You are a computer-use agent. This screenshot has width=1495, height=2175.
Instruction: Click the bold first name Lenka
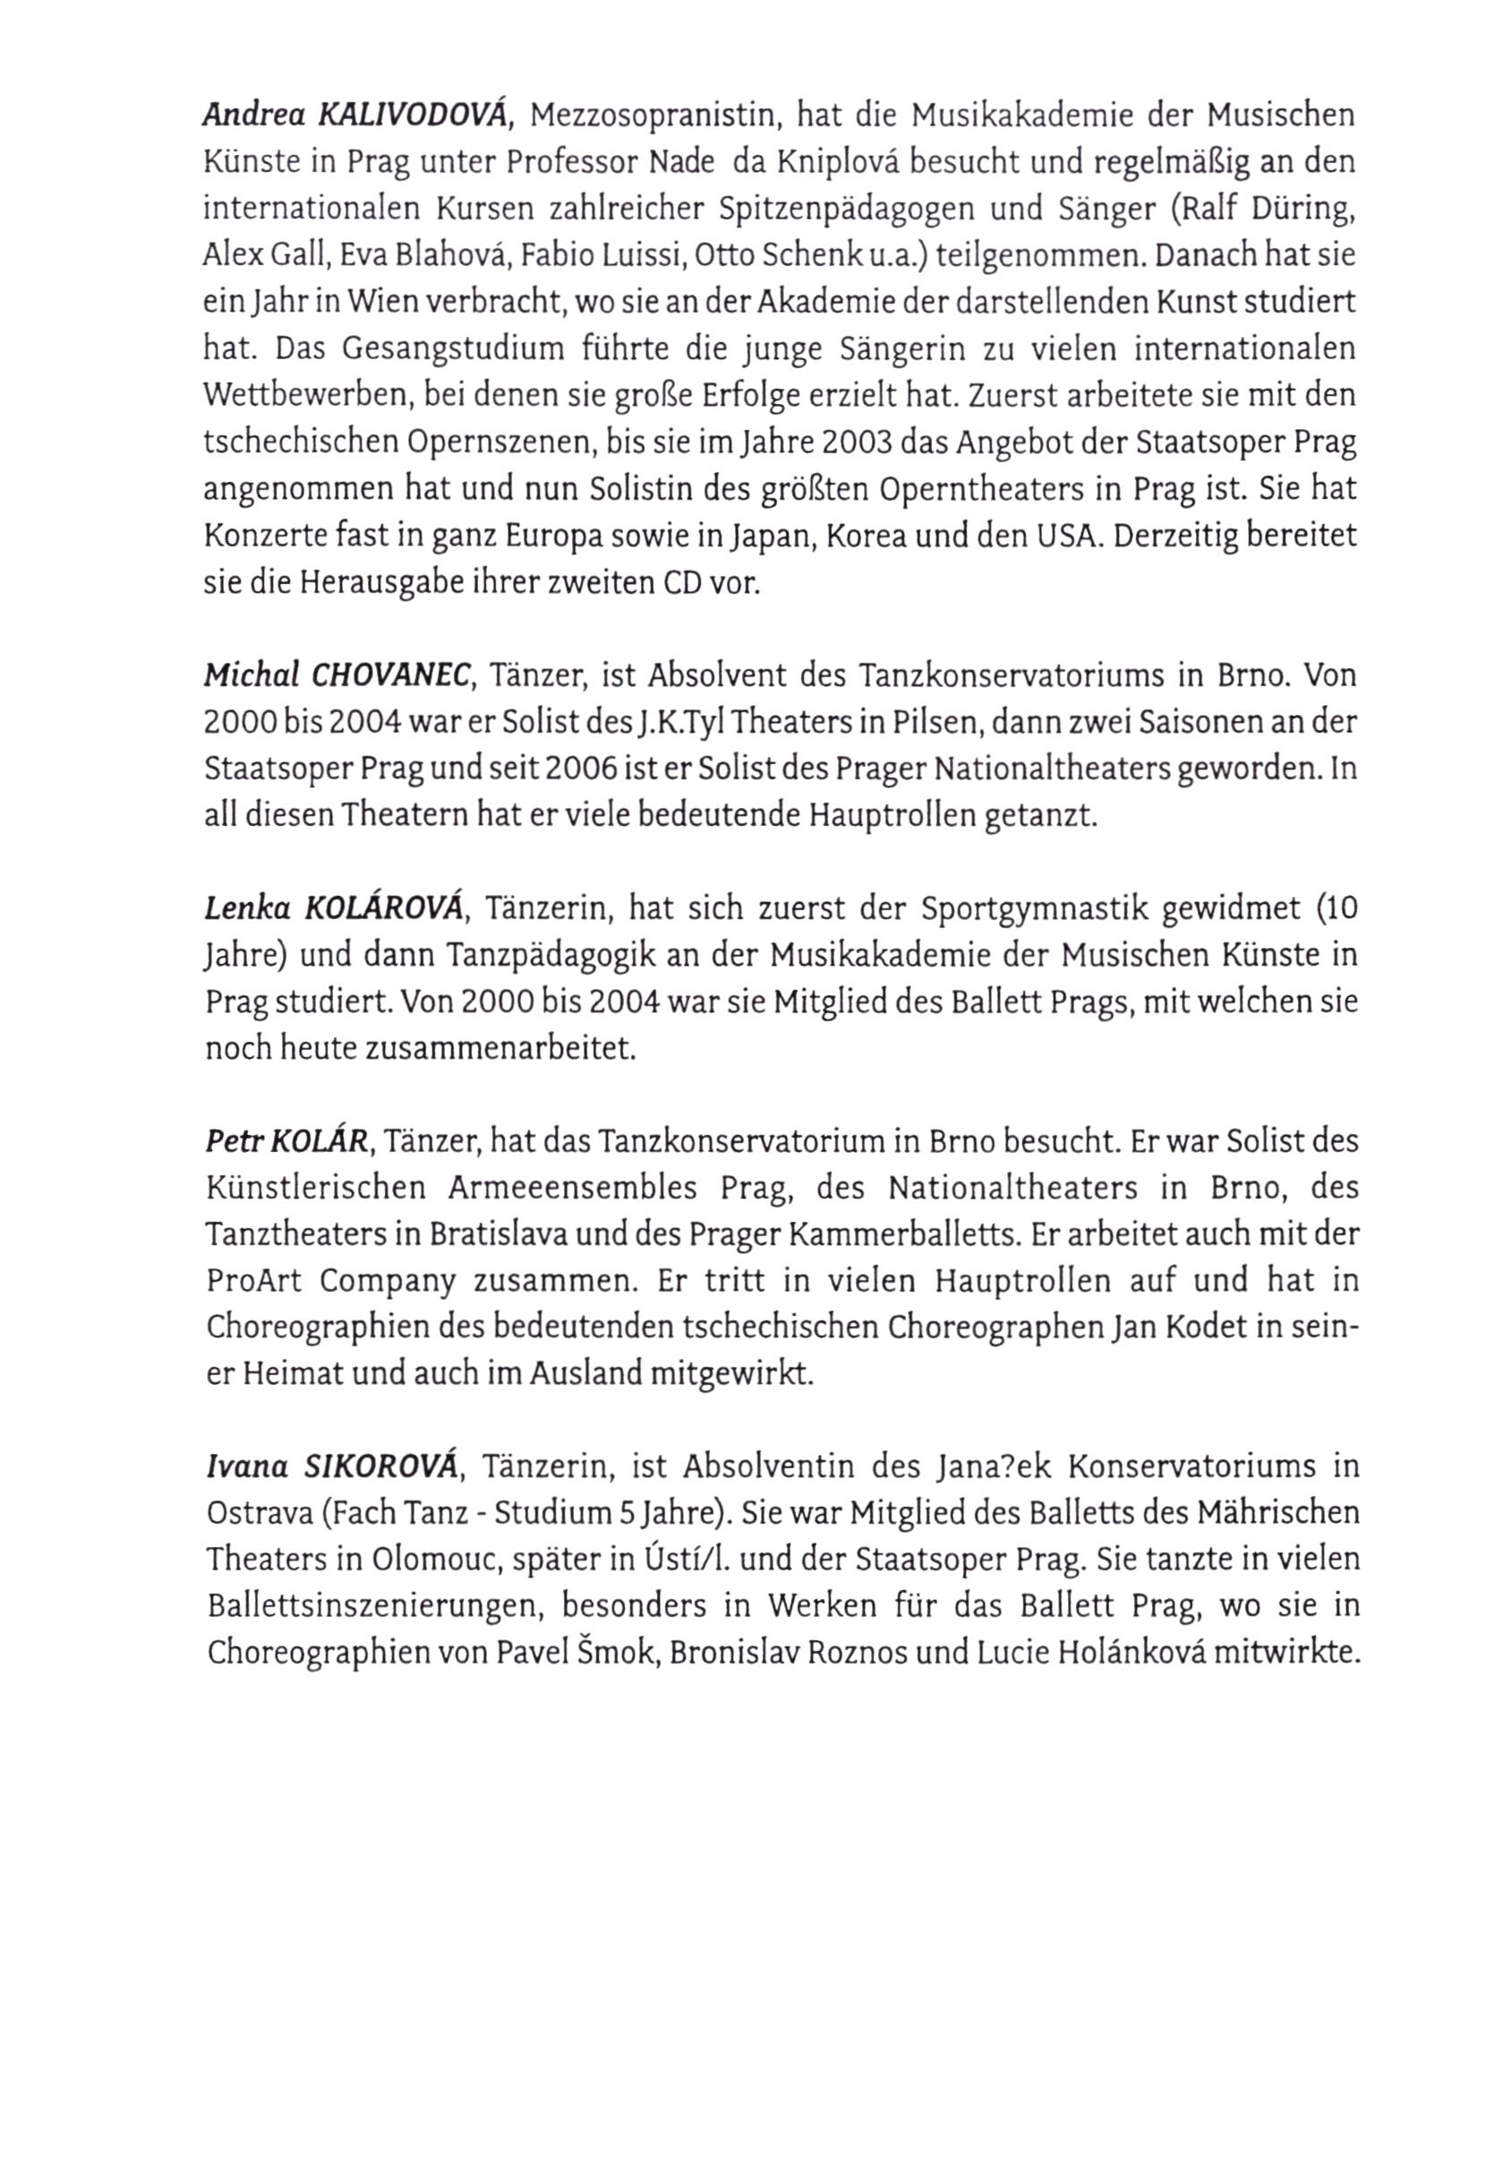click(x=242, y=908)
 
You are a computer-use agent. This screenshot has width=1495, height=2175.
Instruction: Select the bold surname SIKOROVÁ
click(x=382, y=1466)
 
